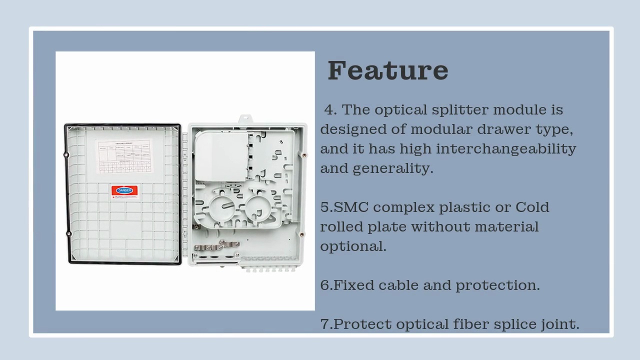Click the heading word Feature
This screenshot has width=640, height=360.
pos(387,70)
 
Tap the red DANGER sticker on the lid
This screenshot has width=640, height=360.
pos(124,191)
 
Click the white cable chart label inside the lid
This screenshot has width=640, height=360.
pos(123,156)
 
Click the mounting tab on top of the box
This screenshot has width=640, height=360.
pos(245,119)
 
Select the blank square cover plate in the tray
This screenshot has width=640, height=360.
pos(220,155)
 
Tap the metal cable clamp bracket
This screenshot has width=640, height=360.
pos(216,246)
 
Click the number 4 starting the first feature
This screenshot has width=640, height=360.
pos(330,110)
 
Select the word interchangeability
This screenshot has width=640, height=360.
pos(506,149)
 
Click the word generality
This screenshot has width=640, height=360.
pos(393,168)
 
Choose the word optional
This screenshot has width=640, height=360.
pos(353,246)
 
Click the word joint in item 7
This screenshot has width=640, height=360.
pos(560,324)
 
